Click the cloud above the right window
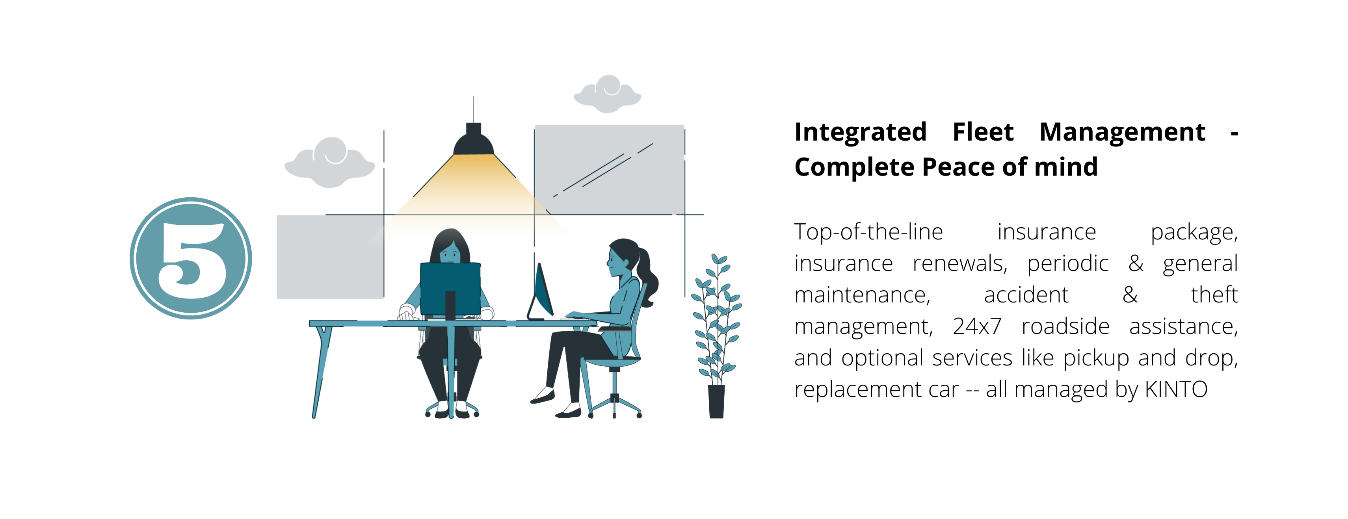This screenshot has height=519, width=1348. (608, 94)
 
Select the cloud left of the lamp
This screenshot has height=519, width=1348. (330, 163)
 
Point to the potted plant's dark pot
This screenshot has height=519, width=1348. (716, 401)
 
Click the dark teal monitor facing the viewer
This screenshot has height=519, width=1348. (450, 289)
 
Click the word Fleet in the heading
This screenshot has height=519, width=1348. (983, 132)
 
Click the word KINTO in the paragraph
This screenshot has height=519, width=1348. (1176, 389)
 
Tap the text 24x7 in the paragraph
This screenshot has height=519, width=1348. (977, 326)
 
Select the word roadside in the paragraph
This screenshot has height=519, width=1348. (1065, 326)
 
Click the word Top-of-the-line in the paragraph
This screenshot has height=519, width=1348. (869, 232)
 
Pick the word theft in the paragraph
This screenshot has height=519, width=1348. (1214, 295)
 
